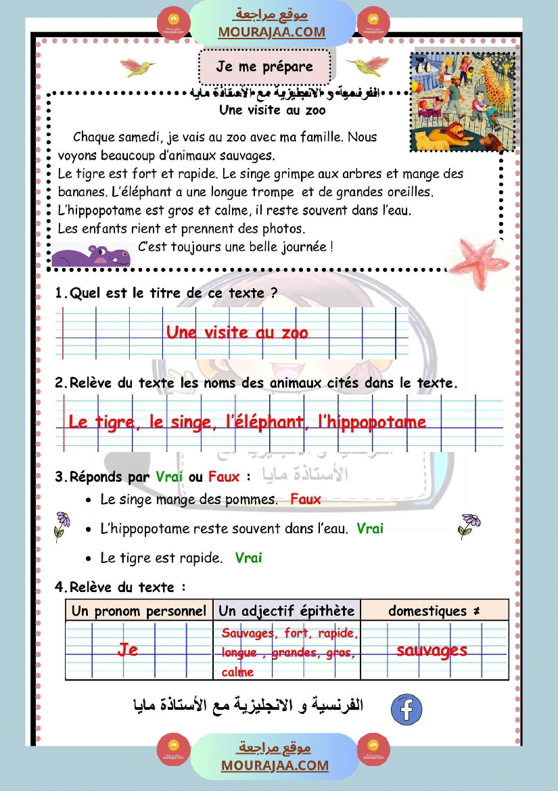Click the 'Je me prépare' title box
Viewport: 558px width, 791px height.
[x=265, y=66]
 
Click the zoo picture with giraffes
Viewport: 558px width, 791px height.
[x=463, y=101]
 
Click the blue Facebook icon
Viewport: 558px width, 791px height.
[x=406, y=709]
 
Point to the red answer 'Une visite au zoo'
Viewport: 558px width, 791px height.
[x=237, y=332]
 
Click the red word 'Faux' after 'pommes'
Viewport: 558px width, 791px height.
[x=306, y=499]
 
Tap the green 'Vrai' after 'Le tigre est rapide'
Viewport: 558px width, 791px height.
[x=248, y=558]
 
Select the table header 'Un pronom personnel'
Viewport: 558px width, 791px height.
[x=139, y=611]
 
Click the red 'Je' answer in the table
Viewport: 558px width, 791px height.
[x=128, y=650]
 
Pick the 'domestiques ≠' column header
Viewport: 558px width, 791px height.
[x=434, y=611]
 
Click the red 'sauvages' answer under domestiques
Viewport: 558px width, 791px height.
[x=432, y=650]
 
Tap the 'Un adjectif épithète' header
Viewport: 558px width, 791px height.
[x=286, y=611]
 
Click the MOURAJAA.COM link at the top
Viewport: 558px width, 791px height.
[x=271, y=32]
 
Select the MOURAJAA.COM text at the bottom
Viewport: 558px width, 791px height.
[x=275, y=765]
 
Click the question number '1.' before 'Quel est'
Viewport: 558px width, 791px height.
[x=61, y=293]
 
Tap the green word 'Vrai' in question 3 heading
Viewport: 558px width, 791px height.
[x=169, y=476]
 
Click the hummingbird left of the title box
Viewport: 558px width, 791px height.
[x=137, y=66]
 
